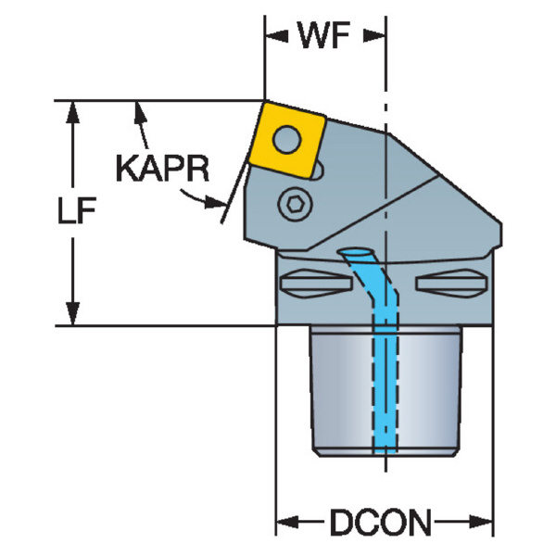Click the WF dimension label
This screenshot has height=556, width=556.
[x=324, y=35]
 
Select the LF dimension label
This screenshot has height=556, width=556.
[x=77, y=210]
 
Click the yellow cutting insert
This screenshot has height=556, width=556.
[x=286, y=140]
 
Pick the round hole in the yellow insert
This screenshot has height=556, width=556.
[x=287, y=139]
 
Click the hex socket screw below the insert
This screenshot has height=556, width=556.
[x=295, y=204]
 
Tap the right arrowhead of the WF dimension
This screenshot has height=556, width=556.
[x=374, y=35]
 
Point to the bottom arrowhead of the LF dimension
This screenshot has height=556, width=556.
[x=73, y=314]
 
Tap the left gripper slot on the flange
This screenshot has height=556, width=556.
[x=316, y=283]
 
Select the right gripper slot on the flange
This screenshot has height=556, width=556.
[x=450, y=283]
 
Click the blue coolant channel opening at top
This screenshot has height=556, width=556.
[x=357, y=253]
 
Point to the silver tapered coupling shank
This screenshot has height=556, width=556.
[x=386, y=391]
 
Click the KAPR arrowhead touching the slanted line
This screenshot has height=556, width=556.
[x=216, y=203]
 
